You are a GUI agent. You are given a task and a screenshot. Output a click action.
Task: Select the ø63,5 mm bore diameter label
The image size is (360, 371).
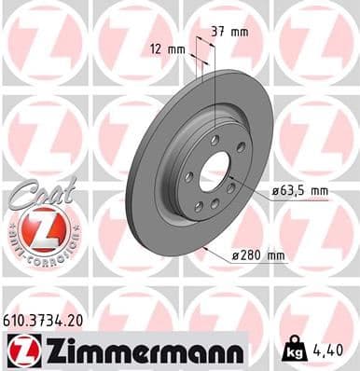point(299,192)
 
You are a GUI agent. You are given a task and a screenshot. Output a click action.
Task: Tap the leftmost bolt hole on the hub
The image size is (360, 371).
point(188,176)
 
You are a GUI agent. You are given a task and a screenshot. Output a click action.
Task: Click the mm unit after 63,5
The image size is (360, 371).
point(320,192)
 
